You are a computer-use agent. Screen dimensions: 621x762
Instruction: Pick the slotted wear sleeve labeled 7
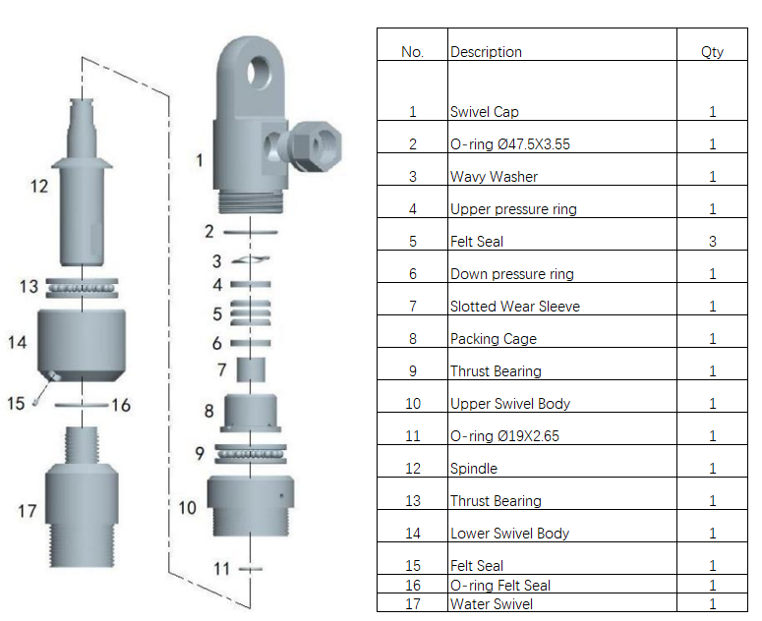point(252,371)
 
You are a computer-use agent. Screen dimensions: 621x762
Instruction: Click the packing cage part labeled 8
point(251,412)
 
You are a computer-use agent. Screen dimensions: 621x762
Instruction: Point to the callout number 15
point(16,404)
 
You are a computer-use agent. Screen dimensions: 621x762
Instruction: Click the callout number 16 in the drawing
point(120,405)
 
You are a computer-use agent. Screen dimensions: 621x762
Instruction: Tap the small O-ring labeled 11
point(252,568)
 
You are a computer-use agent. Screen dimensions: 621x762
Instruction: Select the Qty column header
point(712,51)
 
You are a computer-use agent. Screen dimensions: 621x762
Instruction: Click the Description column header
point(486,51)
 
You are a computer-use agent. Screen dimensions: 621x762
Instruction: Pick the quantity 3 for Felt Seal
point(712,241)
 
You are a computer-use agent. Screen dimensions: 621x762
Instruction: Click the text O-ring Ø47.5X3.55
point(509,144)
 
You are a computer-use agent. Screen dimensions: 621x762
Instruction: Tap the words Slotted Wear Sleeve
point(514,307)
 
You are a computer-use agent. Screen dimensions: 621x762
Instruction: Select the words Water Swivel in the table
point(493,603)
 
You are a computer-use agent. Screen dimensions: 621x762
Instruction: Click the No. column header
point(412,51)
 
